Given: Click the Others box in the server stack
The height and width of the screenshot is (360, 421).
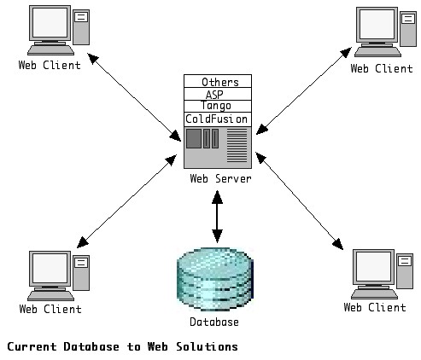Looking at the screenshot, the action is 218,81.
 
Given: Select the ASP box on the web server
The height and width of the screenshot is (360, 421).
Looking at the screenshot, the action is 218,94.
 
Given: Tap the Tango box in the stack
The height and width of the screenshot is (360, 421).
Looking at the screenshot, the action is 218,106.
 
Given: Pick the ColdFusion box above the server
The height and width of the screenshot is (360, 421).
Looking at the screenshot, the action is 218,119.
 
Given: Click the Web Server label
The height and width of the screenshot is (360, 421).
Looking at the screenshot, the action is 220,178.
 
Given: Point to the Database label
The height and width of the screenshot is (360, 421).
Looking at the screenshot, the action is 214,322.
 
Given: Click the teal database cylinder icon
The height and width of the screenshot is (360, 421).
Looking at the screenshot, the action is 215,279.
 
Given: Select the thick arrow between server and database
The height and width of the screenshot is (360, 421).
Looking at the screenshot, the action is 217,217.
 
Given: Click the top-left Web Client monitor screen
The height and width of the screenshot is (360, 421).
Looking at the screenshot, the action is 50,22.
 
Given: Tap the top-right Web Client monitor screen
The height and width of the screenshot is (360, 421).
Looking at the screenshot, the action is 377,24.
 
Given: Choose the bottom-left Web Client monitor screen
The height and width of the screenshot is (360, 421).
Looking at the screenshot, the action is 50,268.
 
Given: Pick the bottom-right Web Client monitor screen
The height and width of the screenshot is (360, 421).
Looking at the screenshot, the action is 374,266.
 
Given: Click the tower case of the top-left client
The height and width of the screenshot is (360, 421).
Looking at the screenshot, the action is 81,27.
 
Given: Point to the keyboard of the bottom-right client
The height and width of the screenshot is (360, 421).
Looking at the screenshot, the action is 374,294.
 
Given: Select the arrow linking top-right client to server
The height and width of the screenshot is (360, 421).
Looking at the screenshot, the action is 304,90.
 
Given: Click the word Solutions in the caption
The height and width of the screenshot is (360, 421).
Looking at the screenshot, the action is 207,346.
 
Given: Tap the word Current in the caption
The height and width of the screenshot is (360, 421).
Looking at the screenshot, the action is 32,346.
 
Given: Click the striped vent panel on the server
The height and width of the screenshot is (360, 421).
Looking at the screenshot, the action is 237,146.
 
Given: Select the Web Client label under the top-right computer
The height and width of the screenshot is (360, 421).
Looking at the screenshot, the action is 382,68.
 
